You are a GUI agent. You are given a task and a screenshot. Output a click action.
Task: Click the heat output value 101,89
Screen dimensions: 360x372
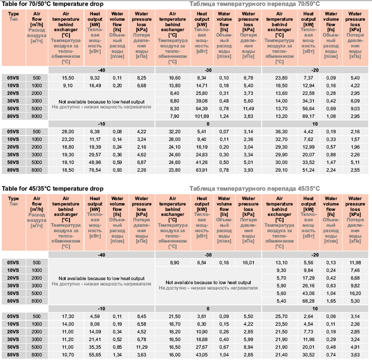pyautogui.click(x=202, y=116)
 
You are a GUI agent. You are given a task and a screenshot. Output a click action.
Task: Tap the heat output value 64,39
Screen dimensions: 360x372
pyautogui.click(x=202, y=108)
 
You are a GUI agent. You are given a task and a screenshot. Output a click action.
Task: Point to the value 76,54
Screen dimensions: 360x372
pyautogui.click(x=95, y=171)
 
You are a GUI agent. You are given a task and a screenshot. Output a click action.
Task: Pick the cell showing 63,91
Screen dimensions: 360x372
pyautogui.click(x=202, y=171)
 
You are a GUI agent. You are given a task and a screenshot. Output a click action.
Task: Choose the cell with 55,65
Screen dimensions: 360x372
pyautogui.click(x=95, y=355)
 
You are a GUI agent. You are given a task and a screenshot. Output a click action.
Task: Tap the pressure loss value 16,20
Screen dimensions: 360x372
pyautogui.click(x=355, y=293)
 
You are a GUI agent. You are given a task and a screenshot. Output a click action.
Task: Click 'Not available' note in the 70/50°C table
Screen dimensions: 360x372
pyautogui.click(x=101, y=101)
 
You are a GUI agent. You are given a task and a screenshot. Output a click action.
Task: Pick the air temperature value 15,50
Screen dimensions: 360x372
pyautogui.click(x=68, y=78)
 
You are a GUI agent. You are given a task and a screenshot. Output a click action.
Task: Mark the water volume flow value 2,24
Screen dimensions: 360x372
pyautogui.click(x=332, y=171)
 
